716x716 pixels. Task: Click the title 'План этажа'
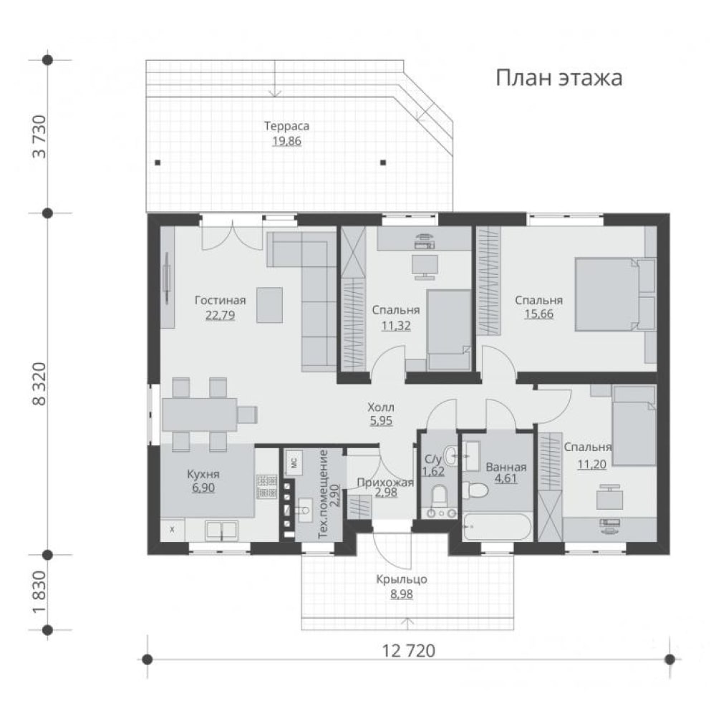559,78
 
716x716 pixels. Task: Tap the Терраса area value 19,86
287,140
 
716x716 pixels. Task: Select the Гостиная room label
220,301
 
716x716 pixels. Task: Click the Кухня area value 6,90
203,488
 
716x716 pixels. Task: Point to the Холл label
381,407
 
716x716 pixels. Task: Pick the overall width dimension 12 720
408,650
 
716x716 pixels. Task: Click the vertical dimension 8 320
39,384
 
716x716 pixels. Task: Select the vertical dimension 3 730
39,136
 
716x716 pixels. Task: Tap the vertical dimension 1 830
39,592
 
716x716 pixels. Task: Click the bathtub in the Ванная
497,528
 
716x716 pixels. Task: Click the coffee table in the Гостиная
269,305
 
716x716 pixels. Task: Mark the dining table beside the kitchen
200,415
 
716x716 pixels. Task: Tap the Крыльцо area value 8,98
402,594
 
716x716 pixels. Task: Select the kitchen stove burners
267,487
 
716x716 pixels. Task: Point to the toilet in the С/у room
439,497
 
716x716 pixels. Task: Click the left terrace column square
158,163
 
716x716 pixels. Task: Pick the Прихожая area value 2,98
386,493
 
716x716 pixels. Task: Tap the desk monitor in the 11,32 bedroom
425,266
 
